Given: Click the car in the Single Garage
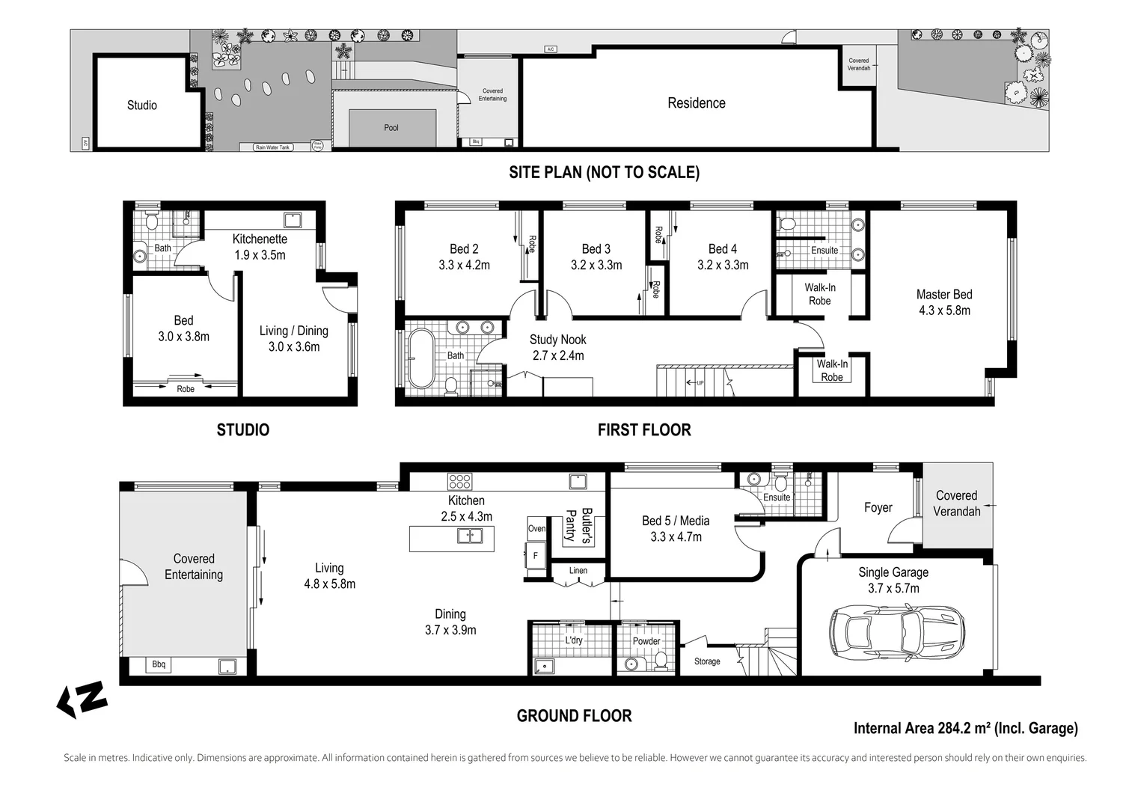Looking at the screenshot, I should [x=897, y=631].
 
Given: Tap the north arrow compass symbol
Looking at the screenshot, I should [x=82, y=700].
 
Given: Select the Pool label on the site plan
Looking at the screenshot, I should [x=391, y=128].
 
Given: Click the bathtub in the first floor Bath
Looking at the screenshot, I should [x=420, y=358].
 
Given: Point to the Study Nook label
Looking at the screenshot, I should [x=557, y=340].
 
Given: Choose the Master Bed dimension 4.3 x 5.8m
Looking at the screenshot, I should [x=944, y=310].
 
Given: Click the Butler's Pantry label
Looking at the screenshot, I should [x=579, y=525].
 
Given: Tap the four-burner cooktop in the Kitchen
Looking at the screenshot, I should [x=459, y=481].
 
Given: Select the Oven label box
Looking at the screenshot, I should [x=536, y=528].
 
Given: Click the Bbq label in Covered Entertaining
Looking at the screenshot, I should [x=159, y=664].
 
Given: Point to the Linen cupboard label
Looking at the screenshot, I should [x=578, y=571].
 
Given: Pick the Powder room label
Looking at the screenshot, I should [x=646, y=641].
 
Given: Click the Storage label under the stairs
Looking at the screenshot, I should [x=707, y=661].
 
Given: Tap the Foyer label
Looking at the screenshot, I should [x=878, y=508].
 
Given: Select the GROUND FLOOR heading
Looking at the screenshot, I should [x=574, y=716].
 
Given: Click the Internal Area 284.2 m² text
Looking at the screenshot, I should [x=965, y=728].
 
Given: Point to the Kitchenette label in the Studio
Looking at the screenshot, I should [x=260, y=239].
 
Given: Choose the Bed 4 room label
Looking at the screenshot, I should [x=722, y=249].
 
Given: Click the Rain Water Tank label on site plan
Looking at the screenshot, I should [x=272, y=147].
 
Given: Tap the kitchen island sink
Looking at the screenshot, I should [x=470, y=536].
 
